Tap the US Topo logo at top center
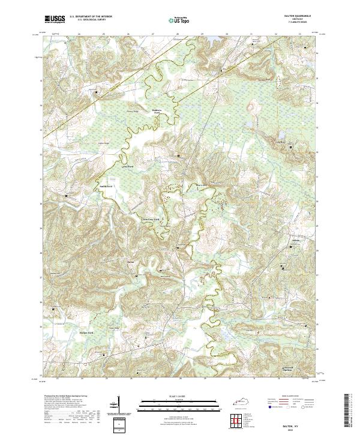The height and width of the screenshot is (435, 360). tap(180, 19)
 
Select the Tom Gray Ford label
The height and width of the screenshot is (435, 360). tap(150, 220)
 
